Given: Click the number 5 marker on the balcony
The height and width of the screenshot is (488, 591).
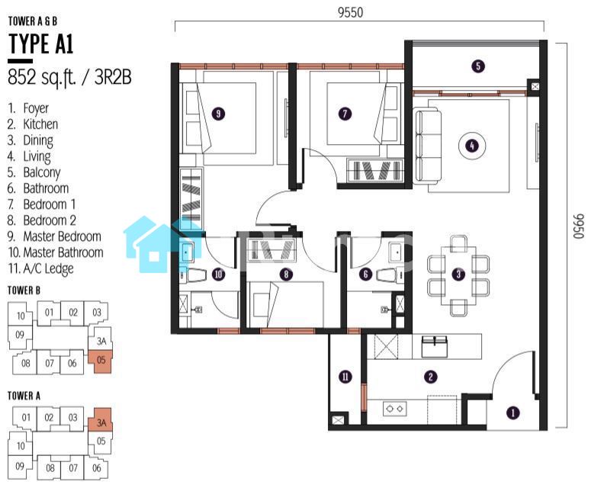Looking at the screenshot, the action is point(478,66).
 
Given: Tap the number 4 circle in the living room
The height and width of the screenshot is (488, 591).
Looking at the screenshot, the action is point(472,146).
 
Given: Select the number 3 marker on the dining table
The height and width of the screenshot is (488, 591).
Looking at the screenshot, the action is point(458,274).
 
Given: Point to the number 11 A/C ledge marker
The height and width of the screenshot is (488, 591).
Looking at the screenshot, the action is point(345,377).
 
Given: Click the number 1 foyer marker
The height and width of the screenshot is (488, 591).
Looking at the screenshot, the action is point(512,413).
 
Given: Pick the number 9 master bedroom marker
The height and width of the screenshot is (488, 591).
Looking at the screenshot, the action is point(218,114).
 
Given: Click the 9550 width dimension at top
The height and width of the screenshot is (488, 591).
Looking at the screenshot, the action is point(350,13).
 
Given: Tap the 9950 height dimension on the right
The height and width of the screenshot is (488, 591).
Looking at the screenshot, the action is point(579,226).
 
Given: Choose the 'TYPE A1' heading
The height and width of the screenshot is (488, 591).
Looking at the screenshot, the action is point(40,43).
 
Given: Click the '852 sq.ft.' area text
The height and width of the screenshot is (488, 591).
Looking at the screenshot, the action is point(42,78).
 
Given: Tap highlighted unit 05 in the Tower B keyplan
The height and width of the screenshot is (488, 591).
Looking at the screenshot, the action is point(101,360).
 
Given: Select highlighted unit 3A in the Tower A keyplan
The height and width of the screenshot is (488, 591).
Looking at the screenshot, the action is point(101,421).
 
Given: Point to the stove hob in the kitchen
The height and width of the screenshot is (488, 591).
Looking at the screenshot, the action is point(394,409).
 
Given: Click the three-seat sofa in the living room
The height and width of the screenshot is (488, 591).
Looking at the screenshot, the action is point(428,146).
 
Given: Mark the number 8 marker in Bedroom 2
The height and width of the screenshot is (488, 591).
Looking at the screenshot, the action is point(286,274).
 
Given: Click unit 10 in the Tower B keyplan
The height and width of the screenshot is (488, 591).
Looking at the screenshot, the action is point(21,316).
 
